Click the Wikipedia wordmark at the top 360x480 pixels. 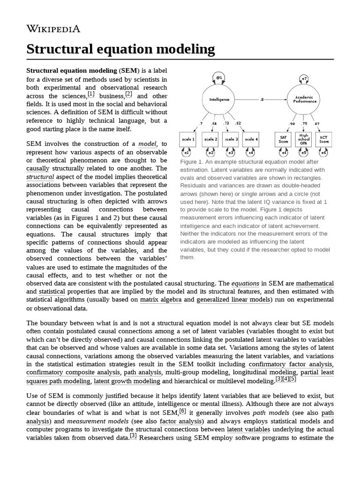tap(53, 29)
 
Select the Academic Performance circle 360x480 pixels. tap(304, 99)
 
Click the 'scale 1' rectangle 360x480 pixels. tap(188, 139)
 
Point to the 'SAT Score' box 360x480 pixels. tap(283, 139)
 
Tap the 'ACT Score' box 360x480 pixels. tap(324, 139)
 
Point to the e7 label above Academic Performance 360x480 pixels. tap(304, 78)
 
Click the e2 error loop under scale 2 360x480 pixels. tap(211, 153)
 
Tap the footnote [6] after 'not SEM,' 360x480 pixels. tap(183, 411)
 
